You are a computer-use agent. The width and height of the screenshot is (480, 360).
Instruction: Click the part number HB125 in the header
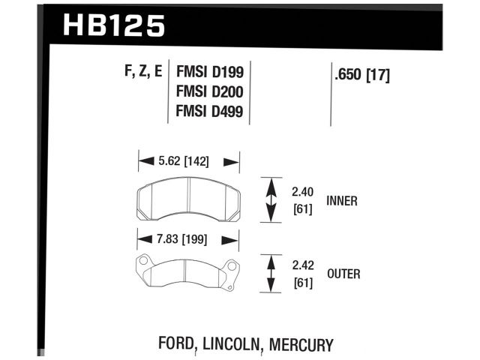point(113,25)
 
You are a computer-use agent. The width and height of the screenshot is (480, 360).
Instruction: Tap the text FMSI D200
point(209,93)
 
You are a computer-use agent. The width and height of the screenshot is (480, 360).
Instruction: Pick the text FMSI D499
point(209,112)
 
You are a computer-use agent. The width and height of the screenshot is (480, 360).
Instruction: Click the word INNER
point(342,200)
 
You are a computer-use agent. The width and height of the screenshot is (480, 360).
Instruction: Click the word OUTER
point(343,274)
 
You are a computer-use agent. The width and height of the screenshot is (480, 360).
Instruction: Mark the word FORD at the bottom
point(177,345)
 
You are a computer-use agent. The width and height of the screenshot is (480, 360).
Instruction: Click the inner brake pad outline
point(188,199)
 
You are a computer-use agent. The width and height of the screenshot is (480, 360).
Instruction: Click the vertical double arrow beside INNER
point(268,199)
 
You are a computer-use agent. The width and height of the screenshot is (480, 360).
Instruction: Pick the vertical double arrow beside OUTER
point(268,274)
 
